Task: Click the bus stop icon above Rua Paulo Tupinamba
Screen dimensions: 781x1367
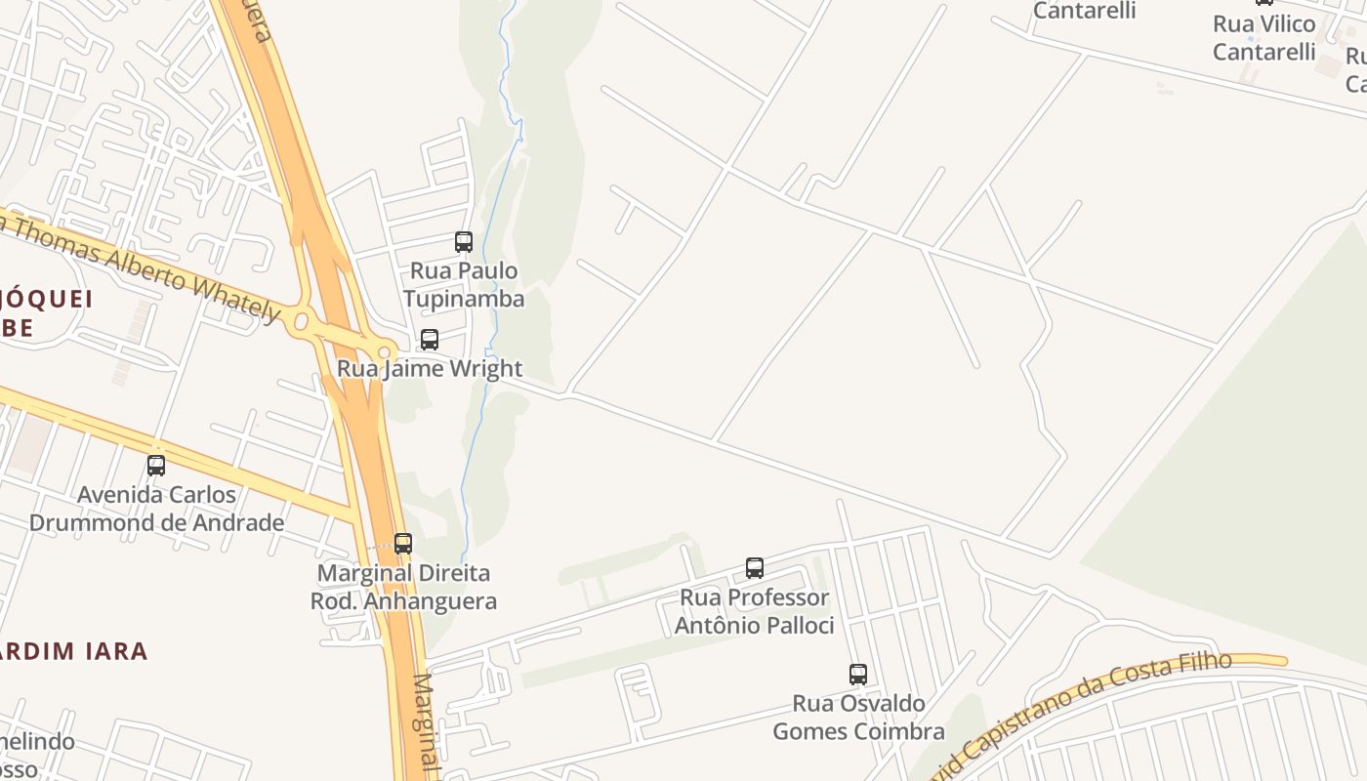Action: [x=464, y=241]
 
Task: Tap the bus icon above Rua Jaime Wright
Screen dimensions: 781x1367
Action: [x=430, y=340]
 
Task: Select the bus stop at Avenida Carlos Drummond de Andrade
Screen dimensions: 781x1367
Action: [x=156, y=466]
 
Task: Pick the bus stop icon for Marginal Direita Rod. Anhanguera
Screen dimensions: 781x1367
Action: [x=403, y=544]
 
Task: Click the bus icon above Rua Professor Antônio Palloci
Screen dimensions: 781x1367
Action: [x=755, y=568]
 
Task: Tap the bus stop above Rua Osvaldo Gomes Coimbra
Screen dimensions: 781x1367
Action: [x=858, y=675]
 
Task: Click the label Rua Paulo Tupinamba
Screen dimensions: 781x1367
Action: [x=464, y=284]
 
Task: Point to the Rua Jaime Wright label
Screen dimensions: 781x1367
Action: [x=430, y=369]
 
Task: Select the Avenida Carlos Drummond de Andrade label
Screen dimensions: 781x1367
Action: [x=156, y=509]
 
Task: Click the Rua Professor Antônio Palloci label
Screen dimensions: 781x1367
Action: [x=755, y=611]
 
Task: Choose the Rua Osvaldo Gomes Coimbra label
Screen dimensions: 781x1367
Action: [x=858, y=718]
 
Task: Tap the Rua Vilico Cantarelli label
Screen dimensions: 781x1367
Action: [x=1264, y=37]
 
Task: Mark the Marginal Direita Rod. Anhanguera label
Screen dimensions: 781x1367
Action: [x=403, y=587]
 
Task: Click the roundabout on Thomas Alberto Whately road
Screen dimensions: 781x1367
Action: [x=301, y=320]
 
